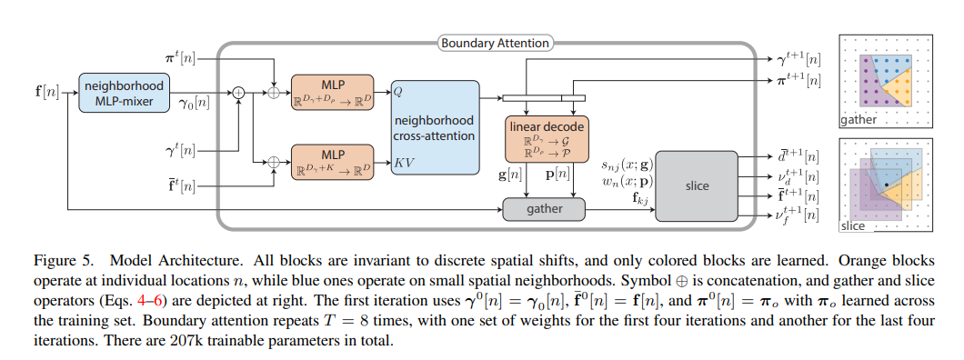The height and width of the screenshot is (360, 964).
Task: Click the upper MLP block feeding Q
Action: (333, 93)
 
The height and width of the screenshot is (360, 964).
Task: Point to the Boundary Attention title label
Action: (496, 43)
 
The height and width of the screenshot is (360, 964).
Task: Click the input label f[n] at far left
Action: (42, 92)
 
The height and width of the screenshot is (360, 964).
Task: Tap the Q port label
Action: (399, 92)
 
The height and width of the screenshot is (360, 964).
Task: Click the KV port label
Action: (403, 164)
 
